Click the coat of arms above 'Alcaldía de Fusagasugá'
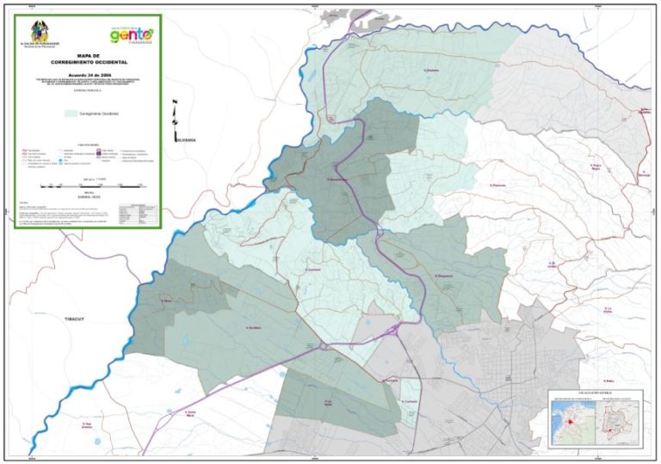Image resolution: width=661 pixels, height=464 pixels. click(x=40, y=31)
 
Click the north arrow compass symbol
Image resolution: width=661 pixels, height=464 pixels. click(x=176, y=112)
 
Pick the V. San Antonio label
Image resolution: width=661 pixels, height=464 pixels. click(x=86, y=424)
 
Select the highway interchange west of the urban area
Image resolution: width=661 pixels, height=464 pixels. click(x=322, y=346)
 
